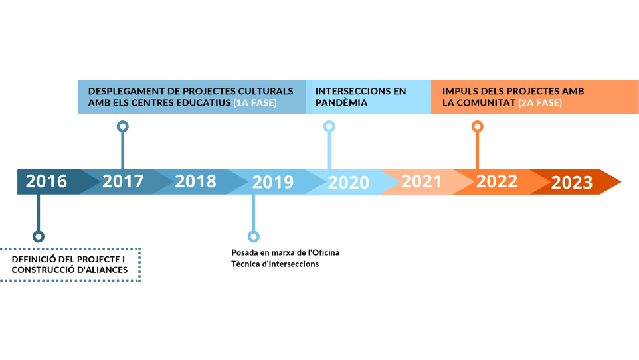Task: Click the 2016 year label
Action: tap(46, 181)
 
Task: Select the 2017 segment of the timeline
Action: tap(123, 181)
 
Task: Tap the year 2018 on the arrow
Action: tap(195, 181)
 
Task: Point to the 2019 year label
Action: tap(272, 182)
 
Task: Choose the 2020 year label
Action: tap(349, 183)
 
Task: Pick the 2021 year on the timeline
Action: tap(421, 181)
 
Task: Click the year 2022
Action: tap(497, 181)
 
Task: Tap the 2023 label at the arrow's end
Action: tap(572, 183)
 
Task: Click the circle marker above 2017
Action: tap(123, 121)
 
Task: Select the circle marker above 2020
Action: tap(329, 121)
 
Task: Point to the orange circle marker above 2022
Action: tap(478, 121)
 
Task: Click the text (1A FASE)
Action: tap(255, 103)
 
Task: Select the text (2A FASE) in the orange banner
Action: tap(540, 103)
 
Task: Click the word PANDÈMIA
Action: tap(341, 103)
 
